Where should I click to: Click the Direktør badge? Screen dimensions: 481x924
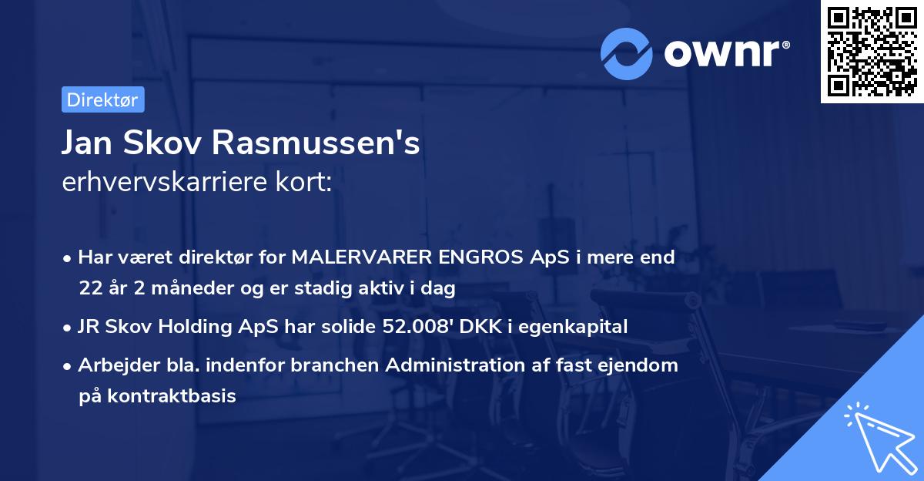coord(102,99)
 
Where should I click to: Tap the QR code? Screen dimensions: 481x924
coord(871,52)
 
